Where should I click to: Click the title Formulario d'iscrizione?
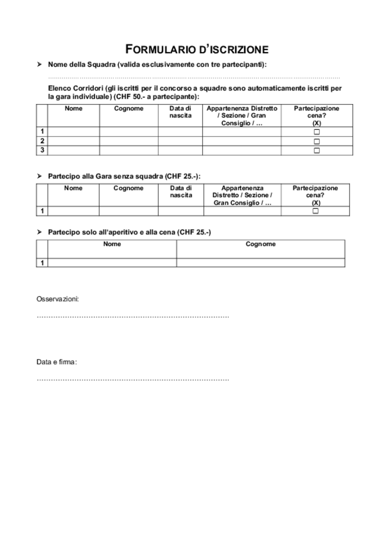[197, 49]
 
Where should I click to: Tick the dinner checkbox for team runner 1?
[316, 132]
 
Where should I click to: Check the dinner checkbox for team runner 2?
[316, 141]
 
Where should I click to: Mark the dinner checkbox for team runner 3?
[316, 150]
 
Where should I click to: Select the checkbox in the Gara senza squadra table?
[315, 211]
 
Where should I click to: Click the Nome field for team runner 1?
[73, 132]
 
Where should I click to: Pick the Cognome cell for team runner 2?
[128, 141]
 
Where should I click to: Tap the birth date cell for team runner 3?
[180, 150]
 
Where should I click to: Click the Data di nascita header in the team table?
[180, 112]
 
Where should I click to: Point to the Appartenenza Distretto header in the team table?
[242, 116]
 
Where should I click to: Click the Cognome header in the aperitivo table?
[260, 244]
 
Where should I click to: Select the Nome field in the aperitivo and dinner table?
[112, 262]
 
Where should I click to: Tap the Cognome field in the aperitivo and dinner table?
[260, 262]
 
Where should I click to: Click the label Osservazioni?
[57, 299]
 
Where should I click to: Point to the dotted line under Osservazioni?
[132, 317]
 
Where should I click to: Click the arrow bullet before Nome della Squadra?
[39, 65]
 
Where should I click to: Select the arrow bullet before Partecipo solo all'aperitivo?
[39, 232]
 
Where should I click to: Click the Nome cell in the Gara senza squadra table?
[73, 211]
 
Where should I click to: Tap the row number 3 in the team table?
[42, 150]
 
